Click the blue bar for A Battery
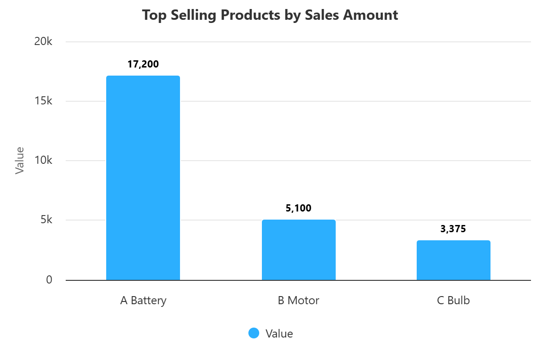(x=143, y=178)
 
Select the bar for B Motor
(x=299, y=250)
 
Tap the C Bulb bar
(x=453, y=260)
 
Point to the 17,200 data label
(x=143, y=64)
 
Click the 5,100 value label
(x=298, y=208)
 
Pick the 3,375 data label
(x=453, y=229)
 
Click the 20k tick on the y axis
(x=44, y=42)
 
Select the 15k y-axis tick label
(x=44, y=101)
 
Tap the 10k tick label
(x=44, y=161)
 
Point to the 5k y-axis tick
(x=46, y=220)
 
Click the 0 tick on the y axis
(x=49, y=280)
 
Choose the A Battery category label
(x=143, y=301)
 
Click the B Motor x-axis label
(x=298, y=301)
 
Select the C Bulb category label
(x=453, y=301)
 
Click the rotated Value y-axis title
(x=19, y=161)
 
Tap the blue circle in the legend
(x=254, y=333)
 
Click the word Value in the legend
(x=279, y=333)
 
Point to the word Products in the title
(x=252, y=15)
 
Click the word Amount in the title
(x=370, y=15)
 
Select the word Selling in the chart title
(x=190, y=15)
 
